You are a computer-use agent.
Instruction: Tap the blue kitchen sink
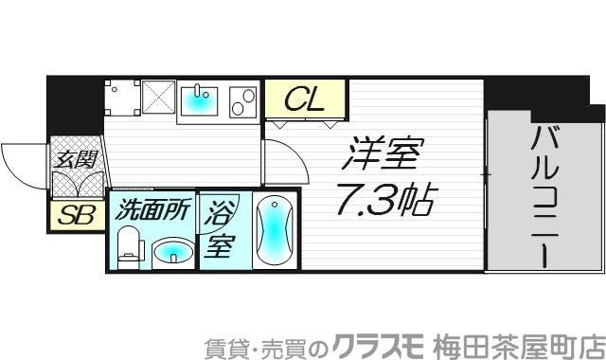pos(199,99)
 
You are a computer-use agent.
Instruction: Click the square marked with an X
pos(157,98)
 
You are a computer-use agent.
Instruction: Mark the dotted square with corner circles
pos(122,98)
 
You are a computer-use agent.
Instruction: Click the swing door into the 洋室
pos(284,161)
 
